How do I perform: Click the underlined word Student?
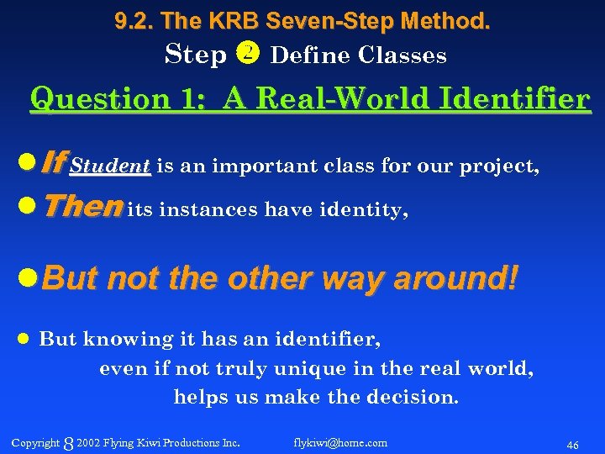point(110,166)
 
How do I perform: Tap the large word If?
point(52,163)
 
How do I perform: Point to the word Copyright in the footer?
point(35,442)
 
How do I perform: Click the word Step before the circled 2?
point(197,55)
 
